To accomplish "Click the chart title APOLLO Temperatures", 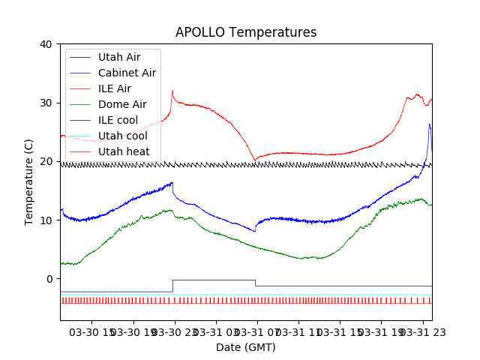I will click(246, 33).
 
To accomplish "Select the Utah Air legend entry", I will click(118, 57).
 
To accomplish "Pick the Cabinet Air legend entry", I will click(127, 73).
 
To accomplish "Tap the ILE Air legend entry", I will click(114, 88).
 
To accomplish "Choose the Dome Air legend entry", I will click(122, 104).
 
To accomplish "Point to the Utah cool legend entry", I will click(122, 136).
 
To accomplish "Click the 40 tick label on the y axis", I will click(45, 44).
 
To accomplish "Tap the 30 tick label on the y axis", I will click(45, 103).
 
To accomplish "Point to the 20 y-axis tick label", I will click(45, 161).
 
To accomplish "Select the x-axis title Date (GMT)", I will click(246, 347).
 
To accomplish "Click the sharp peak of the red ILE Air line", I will click(172, 91).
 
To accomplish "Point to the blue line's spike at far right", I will click(430, 124).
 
